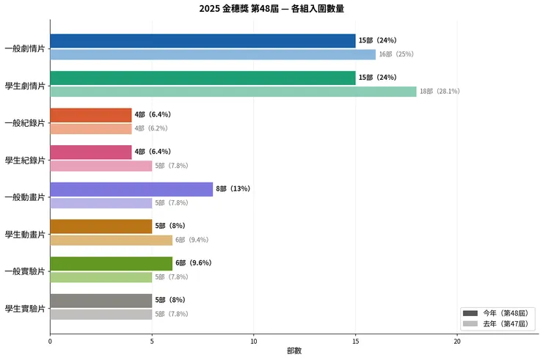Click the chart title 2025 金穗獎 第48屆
point(271,9)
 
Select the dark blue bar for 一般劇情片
point(203,41)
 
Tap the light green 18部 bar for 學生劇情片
point(233,92)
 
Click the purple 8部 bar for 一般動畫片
point(131,189)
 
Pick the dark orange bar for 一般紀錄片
point(90,115)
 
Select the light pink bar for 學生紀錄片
point(101,166)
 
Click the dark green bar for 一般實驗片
point(111,263)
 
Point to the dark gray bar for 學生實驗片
point(101,301)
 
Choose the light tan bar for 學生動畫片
point(111,240)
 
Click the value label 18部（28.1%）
point(440,92)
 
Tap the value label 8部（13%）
point(233,189)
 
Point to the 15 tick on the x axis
point(355,341)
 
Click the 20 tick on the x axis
point(457,341)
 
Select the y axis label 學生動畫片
point(24,234)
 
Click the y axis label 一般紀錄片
point(24,122)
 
